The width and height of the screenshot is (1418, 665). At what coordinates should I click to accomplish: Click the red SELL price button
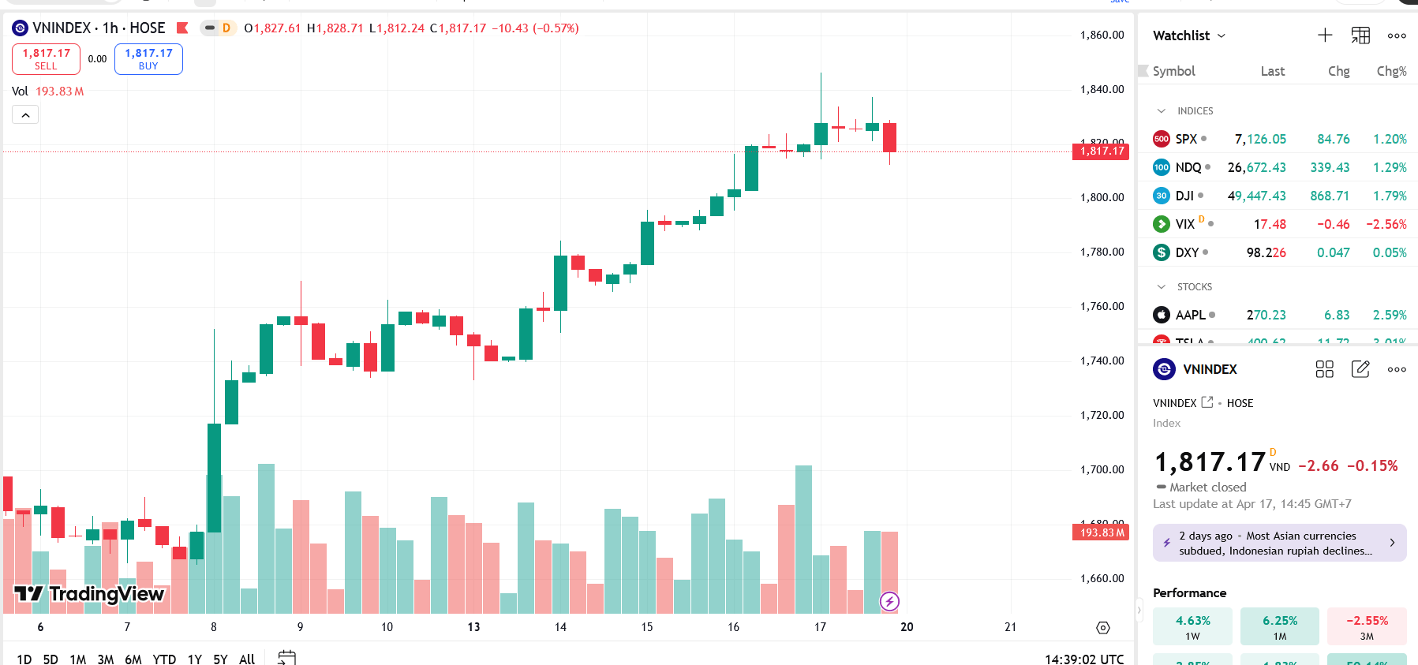pyautogui.click(x=46, y=59)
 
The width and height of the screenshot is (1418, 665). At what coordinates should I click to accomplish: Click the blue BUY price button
pyautogui.click(x=148, y=59)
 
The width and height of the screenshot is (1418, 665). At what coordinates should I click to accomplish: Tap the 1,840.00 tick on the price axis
pyautogui.click(x=1102, y=89)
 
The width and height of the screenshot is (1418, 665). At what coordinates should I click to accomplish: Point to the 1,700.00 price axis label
pyautogui.click(x=1102, y=469)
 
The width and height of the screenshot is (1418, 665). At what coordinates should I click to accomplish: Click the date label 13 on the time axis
pyautogui.click(x=473, y=627)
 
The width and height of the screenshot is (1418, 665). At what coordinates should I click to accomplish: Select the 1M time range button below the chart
pyautogui.click(x=77, y=659)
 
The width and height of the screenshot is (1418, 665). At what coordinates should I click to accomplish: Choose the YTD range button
pyautogui.click(x=164, y=659)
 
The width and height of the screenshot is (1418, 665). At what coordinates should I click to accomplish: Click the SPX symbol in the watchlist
pyautogui.click(x=1186, y=139)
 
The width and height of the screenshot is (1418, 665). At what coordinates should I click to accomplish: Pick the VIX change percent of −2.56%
pyautogui.click(x=1386, y=224)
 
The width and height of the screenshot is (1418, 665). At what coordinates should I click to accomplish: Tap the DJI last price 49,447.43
pyautogui.click(x=1256, y=196)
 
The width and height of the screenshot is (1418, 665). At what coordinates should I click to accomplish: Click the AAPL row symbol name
pyautogui.click(x=1190, y=315)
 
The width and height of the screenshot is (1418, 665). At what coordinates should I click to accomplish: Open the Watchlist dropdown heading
pyautogui.click(x=1188, y=35)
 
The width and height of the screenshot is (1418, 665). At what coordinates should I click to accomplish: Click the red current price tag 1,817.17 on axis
pyautogui.click(x=1101, y=151)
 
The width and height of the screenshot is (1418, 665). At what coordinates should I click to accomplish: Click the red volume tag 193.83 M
pyautogui.click(x=1101, y=532)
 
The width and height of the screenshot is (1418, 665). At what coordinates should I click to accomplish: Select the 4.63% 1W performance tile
pyautogui.click(x=1192, y=626)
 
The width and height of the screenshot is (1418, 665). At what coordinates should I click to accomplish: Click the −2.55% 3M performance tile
pyautogui.click(x=1366, y=626)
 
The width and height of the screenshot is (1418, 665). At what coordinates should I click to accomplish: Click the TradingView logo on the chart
pyautogui.click(x=89, y=594)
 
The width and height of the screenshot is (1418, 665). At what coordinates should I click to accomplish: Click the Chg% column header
pyautogui.click(x=1391, y=71)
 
